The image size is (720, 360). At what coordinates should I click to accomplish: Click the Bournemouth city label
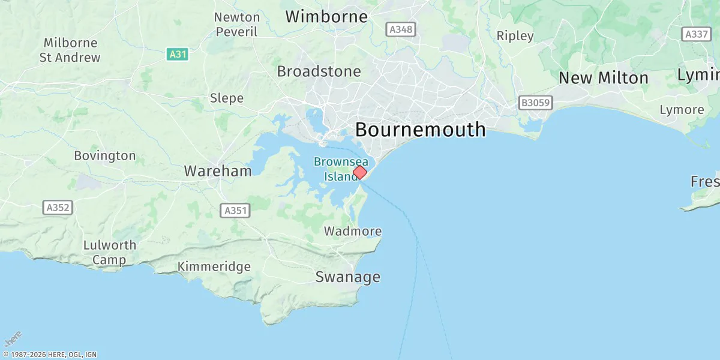tap(420, 129)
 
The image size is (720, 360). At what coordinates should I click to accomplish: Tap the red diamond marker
tap(359, 173)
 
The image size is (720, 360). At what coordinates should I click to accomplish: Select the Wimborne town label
tap(326, 16)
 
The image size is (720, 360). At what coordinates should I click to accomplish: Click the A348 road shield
tap(400, 29)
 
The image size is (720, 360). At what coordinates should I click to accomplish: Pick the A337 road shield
tap(697, 34)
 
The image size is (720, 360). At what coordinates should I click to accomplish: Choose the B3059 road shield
tap(535, 103)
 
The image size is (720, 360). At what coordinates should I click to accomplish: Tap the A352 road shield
tap(58, 208)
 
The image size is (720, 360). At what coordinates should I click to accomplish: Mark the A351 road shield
tap(236, 211)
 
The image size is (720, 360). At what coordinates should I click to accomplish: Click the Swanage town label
tap(348, 277)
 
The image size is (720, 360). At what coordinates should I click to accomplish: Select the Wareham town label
tap(218, 171)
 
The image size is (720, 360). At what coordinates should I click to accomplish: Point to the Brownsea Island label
tap(340, 169)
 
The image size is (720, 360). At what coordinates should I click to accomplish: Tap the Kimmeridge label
tap(214, 266)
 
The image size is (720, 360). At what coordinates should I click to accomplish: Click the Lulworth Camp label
tap(110, 253)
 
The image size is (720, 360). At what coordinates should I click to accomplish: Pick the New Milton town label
tap(603, 78)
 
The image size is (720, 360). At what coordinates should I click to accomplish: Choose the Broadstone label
tap(319, 71)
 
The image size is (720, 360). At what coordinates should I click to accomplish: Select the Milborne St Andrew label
tap(70, 50)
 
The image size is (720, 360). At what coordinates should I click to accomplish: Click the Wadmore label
tap(353, 231)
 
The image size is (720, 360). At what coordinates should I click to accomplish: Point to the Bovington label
tap(105, 156)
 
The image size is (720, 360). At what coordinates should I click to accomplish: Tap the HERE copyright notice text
tap(49, 355)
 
